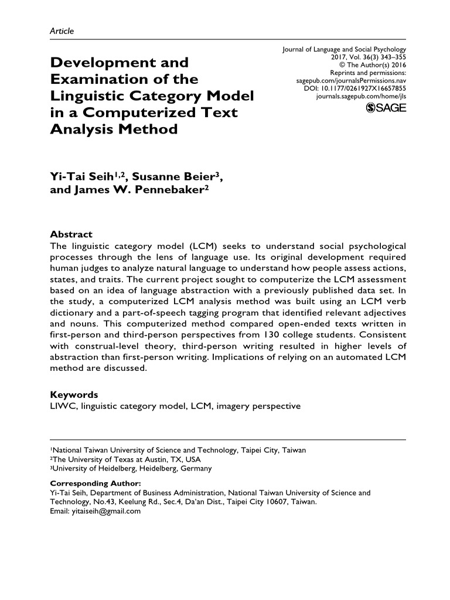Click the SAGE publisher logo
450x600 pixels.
(386, 107)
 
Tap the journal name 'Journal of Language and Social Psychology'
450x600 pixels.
(344, 50)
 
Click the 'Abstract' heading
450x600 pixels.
(71, 234)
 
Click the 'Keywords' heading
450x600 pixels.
(74, 394)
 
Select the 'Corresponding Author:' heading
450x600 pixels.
(96, 483)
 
